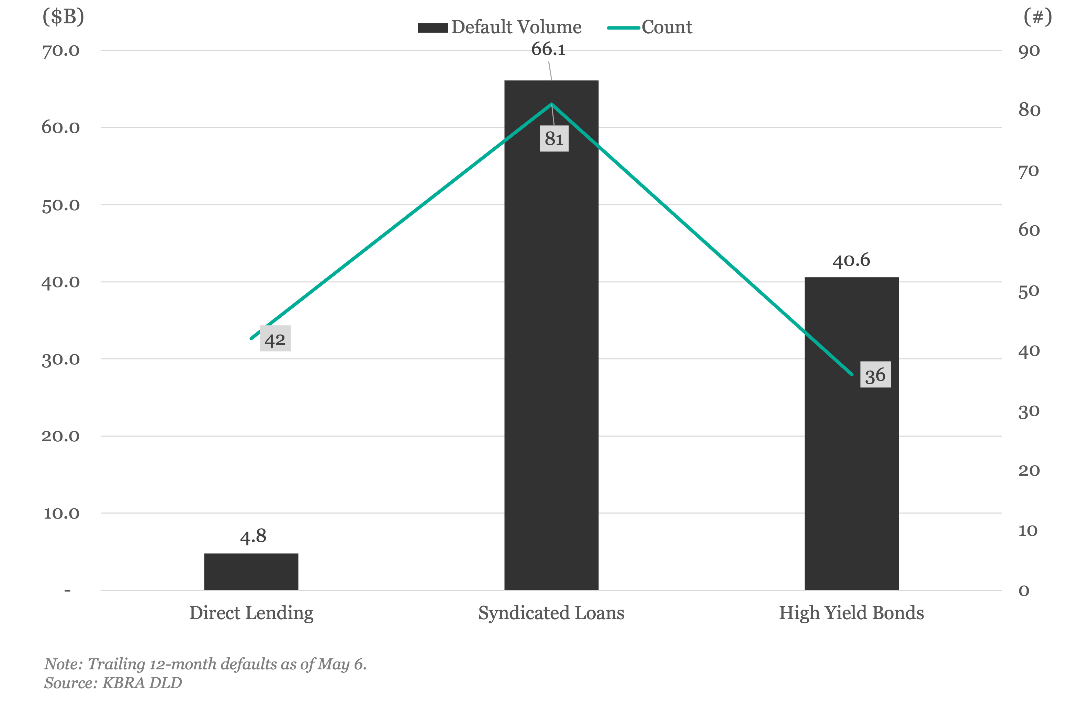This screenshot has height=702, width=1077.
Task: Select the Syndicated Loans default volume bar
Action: pos(551,335)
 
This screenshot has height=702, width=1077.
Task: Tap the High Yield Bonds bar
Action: pos(852,433)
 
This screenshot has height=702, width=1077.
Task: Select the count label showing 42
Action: pos(275,339)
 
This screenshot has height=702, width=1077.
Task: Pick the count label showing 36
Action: pos(876,374)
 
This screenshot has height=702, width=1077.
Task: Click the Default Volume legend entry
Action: pos(500,27)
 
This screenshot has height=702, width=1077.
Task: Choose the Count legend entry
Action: pos(650,27)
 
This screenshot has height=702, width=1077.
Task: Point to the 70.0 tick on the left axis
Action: pos(61,51)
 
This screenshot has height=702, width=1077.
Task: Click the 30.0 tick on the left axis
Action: pos(61,360)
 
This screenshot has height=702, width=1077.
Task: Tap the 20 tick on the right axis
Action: pos(1029,471)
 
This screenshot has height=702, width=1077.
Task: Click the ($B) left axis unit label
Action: pos(63,17)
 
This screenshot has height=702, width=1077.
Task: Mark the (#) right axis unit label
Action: pos(1037,17)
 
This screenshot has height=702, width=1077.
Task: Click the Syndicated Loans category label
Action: pos(551,613)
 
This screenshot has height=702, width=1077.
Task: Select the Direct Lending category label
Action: pos(251,613)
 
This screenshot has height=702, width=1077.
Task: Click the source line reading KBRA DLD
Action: pos(113,682)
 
